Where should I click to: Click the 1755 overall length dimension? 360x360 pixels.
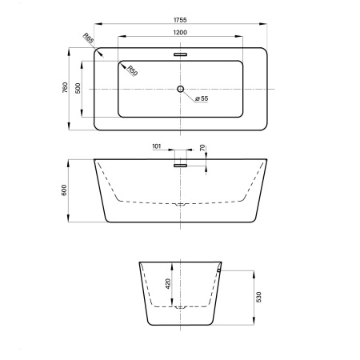tap(180, 20)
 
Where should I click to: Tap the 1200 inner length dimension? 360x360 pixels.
tap(180, 33)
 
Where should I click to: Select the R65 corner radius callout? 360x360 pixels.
tap(88, 38)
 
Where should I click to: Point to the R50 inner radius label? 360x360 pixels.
tap(132, 70)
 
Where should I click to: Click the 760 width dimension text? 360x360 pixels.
tap(65, 87)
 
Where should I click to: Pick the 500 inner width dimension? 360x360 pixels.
tap(78, 88)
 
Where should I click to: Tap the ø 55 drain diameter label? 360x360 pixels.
tap(202, 98)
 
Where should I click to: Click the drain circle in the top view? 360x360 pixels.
tap(181, 89)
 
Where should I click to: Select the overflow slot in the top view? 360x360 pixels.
tap(181, 54)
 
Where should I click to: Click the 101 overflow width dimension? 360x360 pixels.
tap(157, 146)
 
